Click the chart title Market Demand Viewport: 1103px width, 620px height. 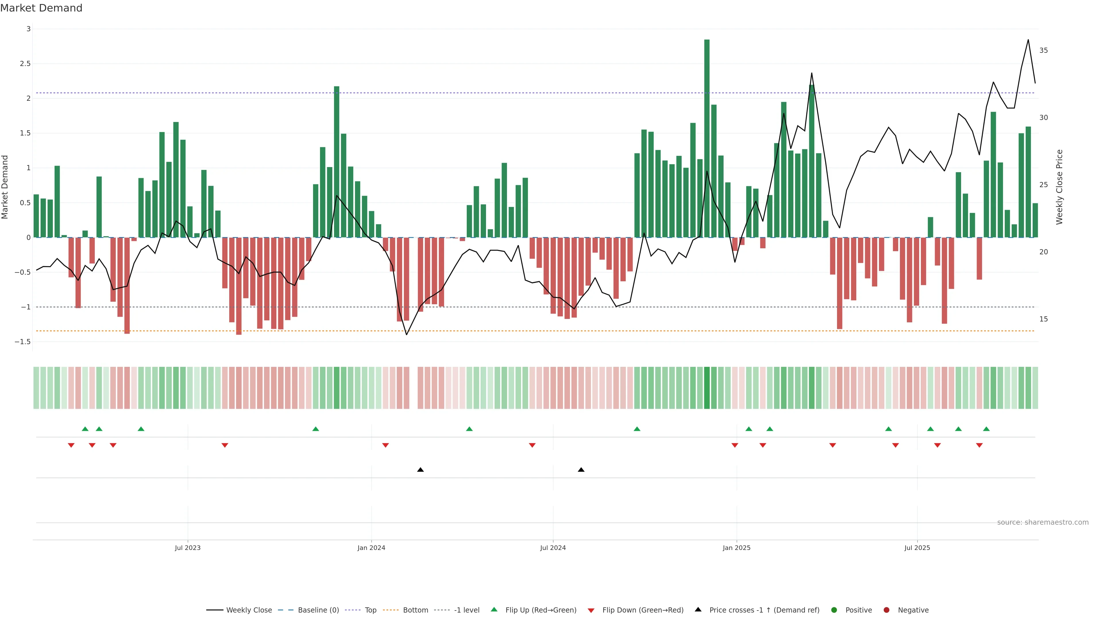point(41,8)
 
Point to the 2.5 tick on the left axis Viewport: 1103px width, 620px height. point(26,64)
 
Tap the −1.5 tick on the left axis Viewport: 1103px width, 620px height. point(23,342)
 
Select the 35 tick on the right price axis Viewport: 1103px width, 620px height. point(1044,51)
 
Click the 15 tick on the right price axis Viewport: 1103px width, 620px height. point(1044,319)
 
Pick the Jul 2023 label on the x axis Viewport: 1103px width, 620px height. point(188,548)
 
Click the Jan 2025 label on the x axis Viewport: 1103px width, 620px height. point(736,548)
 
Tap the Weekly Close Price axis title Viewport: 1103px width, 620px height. point(1059,187)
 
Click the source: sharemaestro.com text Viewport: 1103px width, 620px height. point(1043,522)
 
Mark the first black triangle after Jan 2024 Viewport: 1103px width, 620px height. point(421,470)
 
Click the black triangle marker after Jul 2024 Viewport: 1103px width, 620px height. point(581,470)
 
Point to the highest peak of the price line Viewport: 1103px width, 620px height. point(1028,40)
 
